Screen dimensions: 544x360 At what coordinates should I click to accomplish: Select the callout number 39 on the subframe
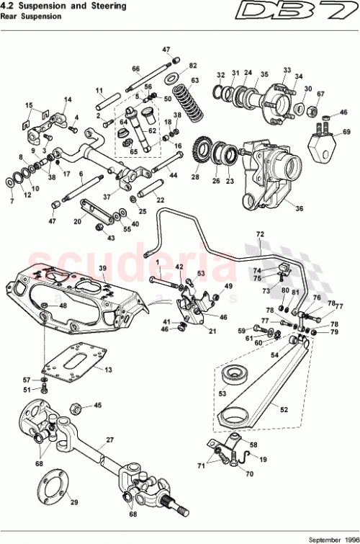tap(102, 268)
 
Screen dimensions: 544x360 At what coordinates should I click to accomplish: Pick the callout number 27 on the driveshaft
tap(110, 439)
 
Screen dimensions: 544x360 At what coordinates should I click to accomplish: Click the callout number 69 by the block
tap(346, 132)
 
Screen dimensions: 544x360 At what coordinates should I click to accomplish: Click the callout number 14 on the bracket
tap(68, 100)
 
